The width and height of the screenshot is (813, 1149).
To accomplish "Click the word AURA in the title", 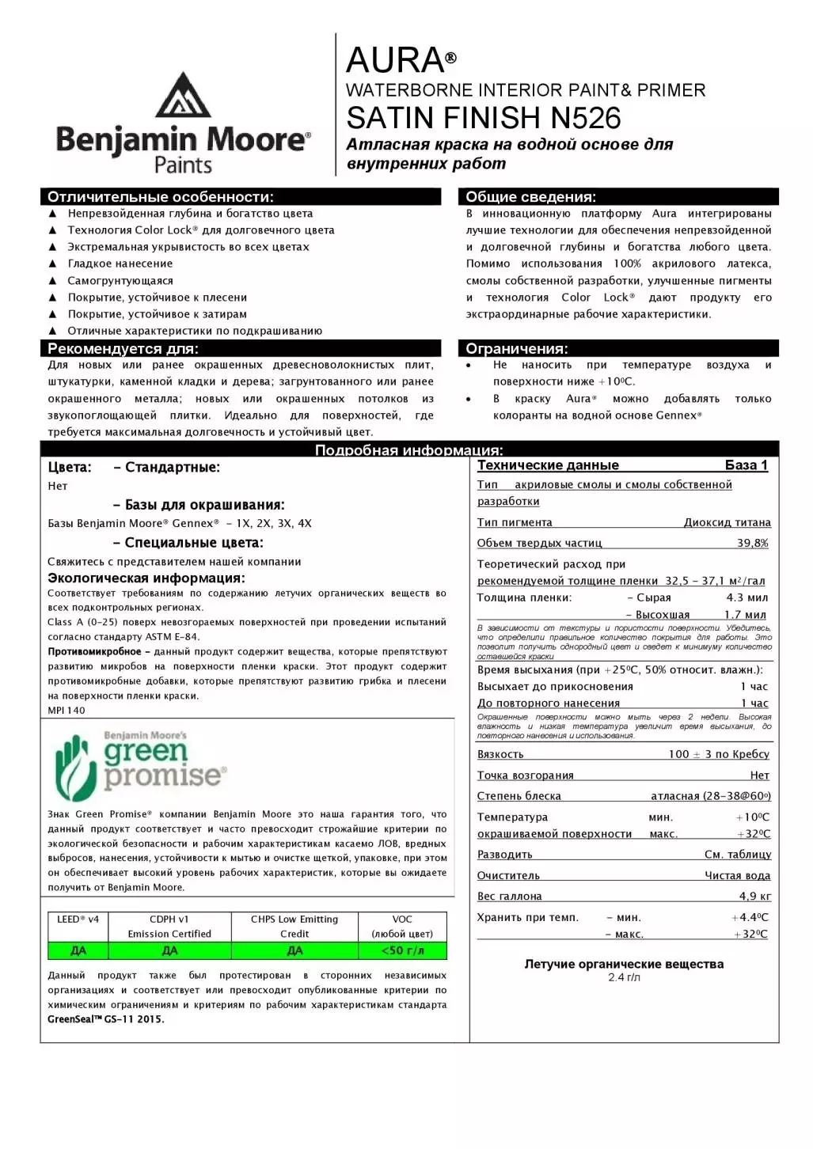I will pyautogui.click(x=395, y=61).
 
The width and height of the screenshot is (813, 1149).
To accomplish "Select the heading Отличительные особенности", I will pyautogui.click(x=160, y=197).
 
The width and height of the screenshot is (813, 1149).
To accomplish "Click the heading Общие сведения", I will pyautogui.click(x=530, y=197).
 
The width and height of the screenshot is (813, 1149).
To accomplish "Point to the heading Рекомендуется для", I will pyautogui.click(x=123, y=349).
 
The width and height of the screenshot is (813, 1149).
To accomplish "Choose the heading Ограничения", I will pyautogui.click(x=516, y=349).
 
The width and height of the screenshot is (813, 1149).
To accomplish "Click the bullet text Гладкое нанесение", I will pyautogui.click(x=120, y=264).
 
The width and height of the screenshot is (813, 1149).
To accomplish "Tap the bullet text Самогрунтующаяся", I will pyautogui.click(x=120, y=281).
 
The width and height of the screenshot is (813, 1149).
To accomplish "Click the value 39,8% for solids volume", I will pyautogui.click(x=752, y=543).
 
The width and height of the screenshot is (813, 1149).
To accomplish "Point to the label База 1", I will pyautogui.click(x=746, y=465).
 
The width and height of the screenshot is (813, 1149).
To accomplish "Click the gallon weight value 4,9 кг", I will pyautogui.click(x=754, y=896).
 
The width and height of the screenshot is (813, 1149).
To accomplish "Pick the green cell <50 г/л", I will pyautogui.click(x=402, y=950).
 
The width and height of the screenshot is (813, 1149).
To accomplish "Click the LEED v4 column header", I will pyautogui.click(x=78, y=920).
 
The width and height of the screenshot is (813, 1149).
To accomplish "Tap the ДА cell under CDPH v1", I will pyautogui.click(x=169, y=950).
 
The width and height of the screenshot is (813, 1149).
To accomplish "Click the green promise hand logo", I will pyautogui.click(x=76, y=766).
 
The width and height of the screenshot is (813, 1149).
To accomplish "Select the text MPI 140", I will pyautogui.click(x=66, y=711).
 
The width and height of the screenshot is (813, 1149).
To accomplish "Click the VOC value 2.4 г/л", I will pyautogui.click(x=624, y=977).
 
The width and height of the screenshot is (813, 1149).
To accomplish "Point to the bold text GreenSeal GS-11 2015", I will pyautogui.click(x=106, y=1019).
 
